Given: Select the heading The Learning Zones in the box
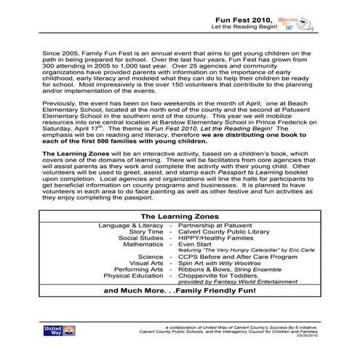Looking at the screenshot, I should tap(180, 217).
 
